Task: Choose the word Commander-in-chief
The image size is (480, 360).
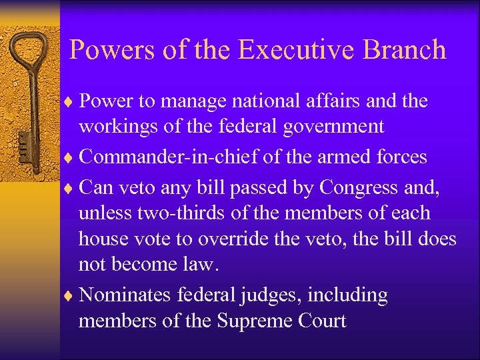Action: [x=150, y=157]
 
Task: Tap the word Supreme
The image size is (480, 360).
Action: [x=256, y=321]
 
